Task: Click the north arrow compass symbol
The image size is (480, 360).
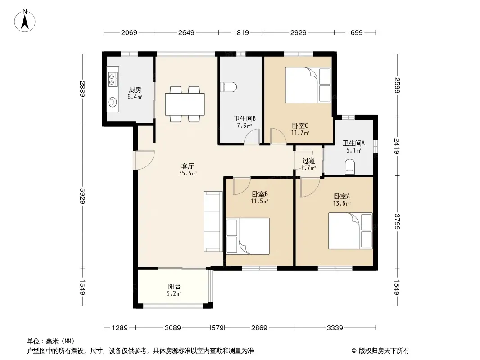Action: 25,21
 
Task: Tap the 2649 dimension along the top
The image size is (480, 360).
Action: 186,32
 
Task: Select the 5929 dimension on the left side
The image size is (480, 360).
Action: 82,196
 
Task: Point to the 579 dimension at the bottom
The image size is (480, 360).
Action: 218,328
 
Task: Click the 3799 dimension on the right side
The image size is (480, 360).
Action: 397,222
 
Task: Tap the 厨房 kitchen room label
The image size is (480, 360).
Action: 135,90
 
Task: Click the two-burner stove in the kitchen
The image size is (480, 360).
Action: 112,79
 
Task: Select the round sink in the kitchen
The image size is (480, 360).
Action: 113,102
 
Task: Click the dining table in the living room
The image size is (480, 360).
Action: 185,104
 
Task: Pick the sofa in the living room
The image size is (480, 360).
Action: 213,222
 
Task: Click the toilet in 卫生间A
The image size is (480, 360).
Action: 350,167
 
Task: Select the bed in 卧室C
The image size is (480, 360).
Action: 308,85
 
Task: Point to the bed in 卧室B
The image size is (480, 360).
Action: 248,236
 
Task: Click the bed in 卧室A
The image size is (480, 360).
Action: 350,231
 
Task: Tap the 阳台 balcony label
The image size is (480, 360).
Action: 174,287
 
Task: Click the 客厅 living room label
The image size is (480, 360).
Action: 188,166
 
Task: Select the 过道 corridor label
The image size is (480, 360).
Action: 308,161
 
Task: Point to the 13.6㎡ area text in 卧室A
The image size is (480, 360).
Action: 342,203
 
